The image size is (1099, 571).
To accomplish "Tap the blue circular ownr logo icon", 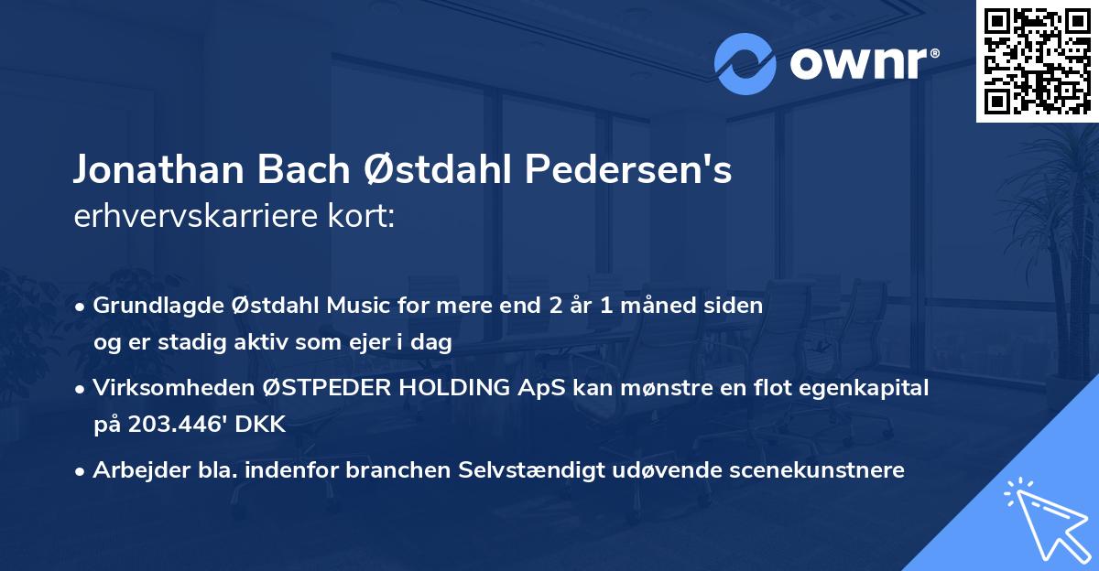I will click(745, 63).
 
